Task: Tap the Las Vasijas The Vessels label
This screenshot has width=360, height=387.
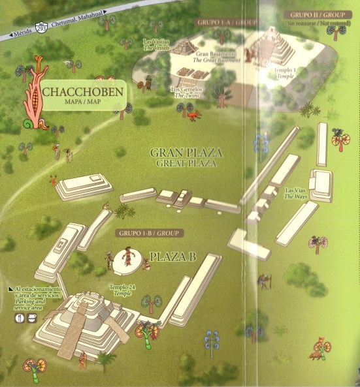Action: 155,44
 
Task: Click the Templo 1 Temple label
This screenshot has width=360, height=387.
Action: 285,72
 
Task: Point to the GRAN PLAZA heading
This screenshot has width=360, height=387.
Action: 186,157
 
